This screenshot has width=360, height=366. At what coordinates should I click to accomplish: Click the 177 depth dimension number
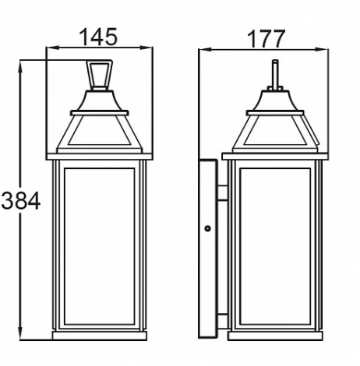(x=265, y=36)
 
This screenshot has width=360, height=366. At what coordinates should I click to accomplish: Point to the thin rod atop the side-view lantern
(x=274, y=73)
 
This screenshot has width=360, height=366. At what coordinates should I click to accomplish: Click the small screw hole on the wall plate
(x=207, y=228)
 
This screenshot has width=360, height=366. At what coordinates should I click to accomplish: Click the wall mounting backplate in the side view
(x=208, y=249)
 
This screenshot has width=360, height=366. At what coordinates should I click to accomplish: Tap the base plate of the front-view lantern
(x=99, y=336)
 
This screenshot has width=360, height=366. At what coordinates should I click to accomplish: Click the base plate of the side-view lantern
(x=274, y=336)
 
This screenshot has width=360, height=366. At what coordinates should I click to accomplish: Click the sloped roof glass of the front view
(x=99, y=132)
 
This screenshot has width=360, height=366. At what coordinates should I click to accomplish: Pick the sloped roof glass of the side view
(x=274, y=132)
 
